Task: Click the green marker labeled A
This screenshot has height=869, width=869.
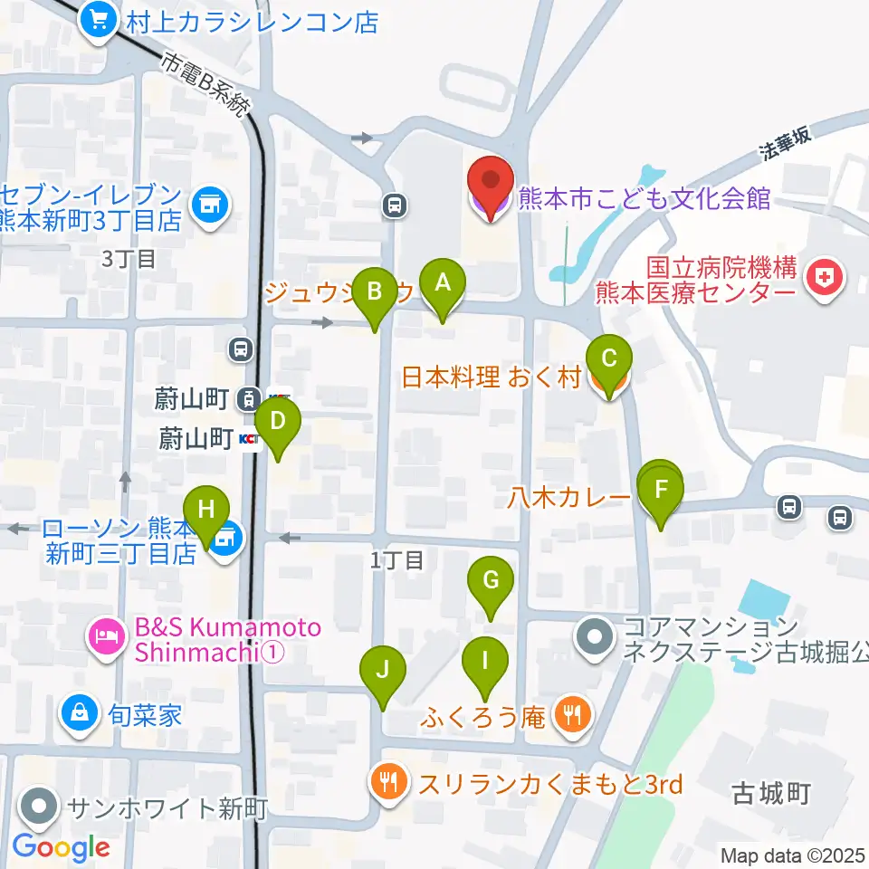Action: pyautogui.click(x=443, y=285)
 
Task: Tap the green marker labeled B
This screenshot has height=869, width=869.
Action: pyautogui.click(x=374, y=294)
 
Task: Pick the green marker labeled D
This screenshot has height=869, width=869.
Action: pyautogui.click(x=278, y=424)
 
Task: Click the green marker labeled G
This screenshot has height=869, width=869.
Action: pyautogui.click(x=491, y=582)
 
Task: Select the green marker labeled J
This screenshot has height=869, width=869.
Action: pyautogui.click(x=383, y=673)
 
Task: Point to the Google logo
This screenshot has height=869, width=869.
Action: pyautogui.click(x=61, y=848)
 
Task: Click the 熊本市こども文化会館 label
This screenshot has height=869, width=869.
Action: pyautogui.click(x=644, y=198)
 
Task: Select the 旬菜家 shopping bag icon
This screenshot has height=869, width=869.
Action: pyautogui.click(x=81, y=714)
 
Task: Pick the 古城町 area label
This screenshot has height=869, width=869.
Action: pyautogui.click(x=770, y=795)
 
